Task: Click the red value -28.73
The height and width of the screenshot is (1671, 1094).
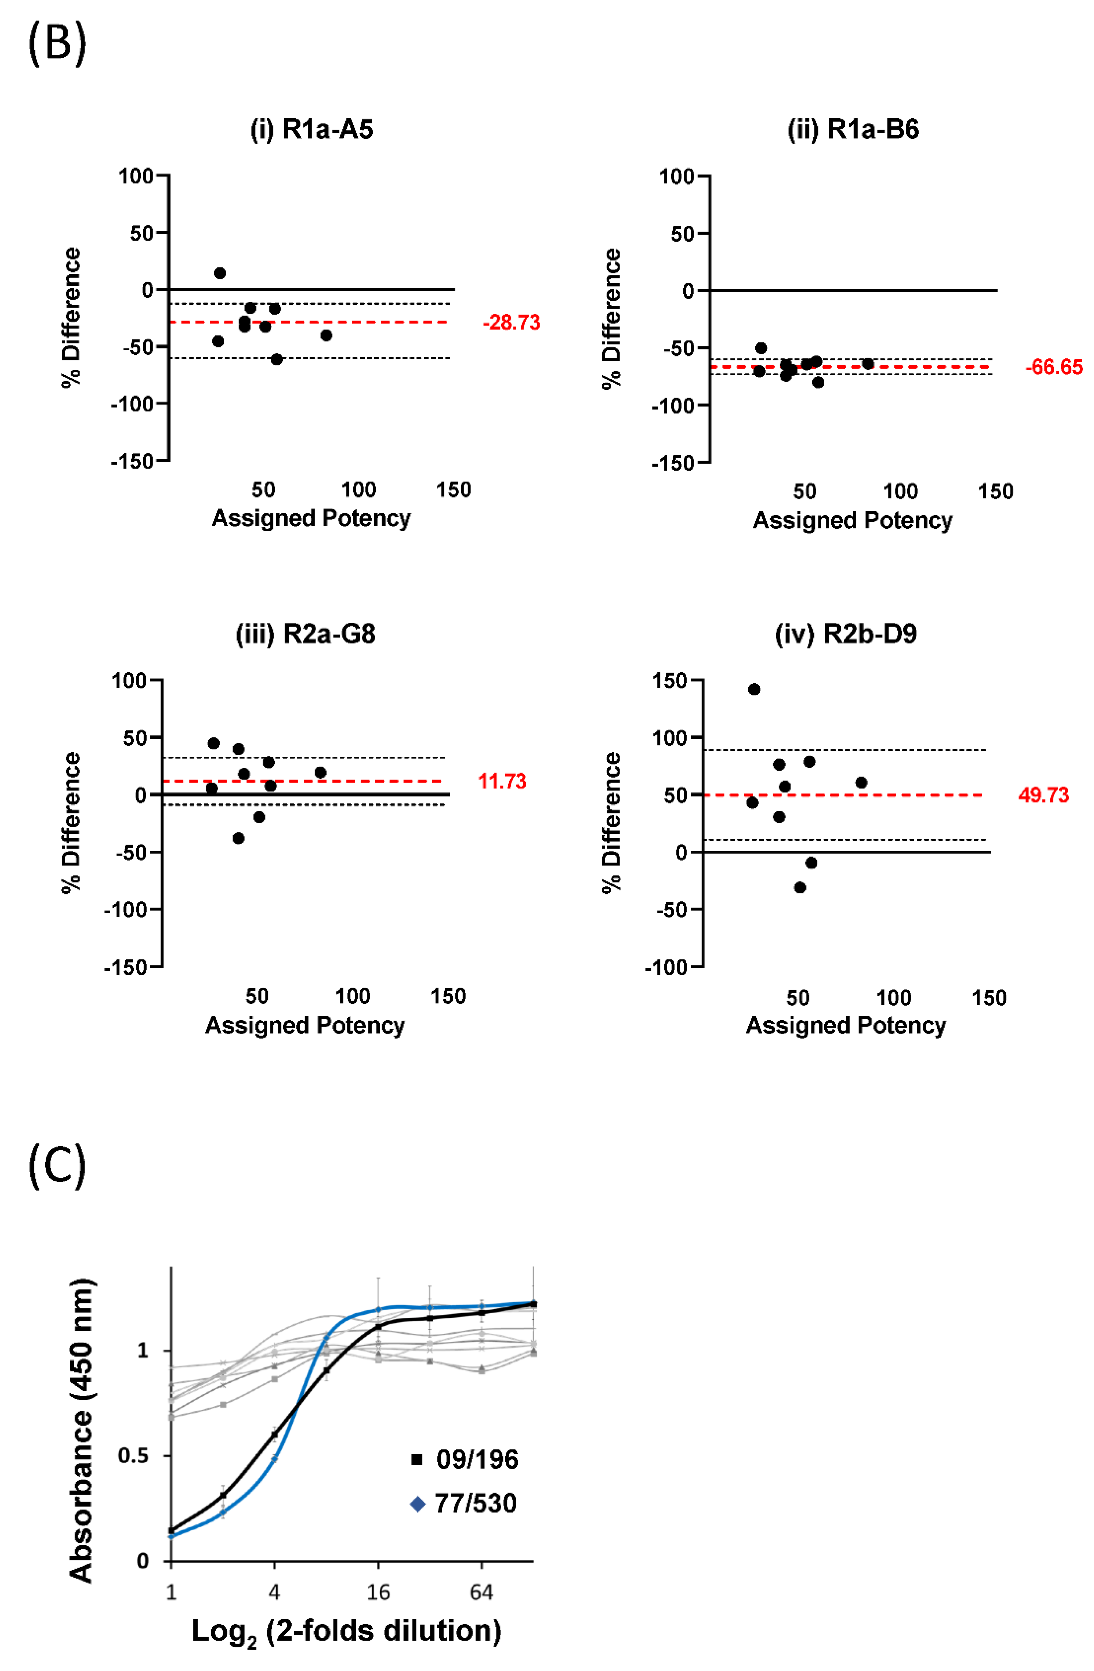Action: coord(511,323)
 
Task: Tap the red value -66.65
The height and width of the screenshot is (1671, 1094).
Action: coord(1053,367)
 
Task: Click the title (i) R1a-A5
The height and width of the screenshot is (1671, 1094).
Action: coord(312,130)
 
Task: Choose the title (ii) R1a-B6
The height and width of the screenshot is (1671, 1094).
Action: coord(853,130)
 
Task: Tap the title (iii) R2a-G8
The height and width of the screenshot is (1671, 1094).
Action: coord(305,634)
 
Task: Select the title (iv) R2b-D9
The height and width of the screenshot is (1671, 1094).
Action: coord(846,634)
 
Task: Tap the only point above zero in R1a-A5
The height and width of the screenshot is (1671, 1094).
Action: coord(220,273)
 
